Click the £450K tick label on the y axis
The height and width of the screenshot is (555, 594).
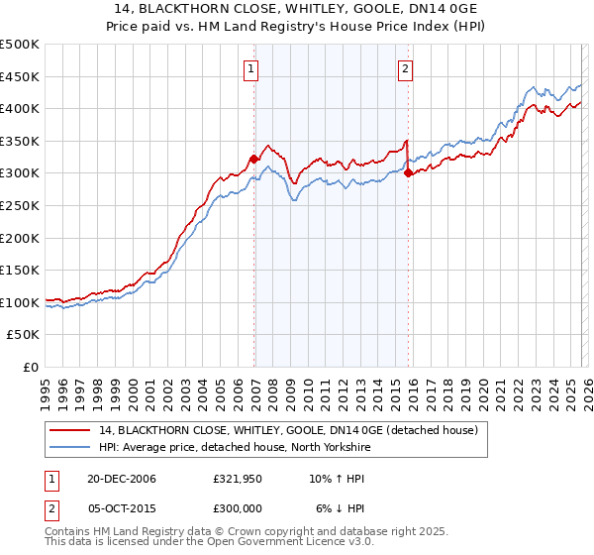(x=20, y=76)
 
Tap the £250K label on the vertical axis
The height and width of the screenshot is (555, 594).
(x=20, y=205)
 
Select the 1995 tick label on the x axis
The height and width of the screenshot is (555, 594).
(x=46, y=387)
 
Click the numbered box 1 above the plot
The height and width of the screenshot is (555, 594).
(x=251, y=68)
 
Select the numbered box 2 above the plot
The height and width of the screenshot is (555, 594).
(x=406, y=68)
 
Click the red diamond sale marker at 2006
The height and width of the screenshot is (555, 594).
(x=254, y=159)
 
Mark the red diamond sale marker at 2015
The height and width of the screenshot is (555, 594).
(x=408, y=173)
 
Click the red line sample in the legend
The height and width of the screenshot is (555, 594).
(x=70, y=430)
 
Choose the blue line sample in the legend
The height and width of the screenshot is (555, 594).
(x=70, y=446)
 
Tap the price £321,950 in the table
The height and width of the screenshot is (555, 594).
(x=238, y=479)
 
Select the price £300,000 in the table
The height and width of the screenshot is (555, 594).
(x=238, y=506)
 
